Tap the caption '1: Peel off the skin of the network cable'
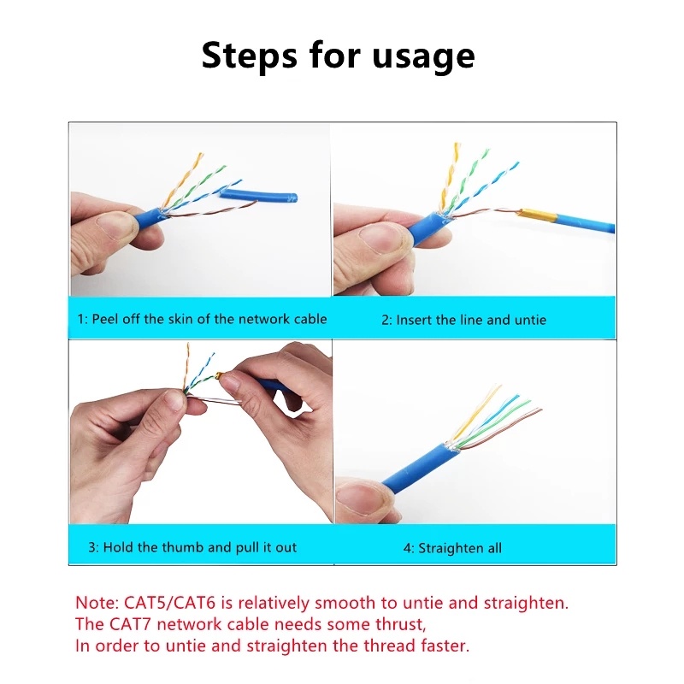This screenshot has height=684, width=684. pyautogui.click(x=202, y=319)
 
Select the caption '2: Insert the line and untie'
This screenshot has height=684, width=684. pyautogui.click(x=463, y=320)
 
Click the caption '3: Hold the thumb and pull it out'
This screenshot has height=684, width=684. pyautogui.click(x=192, y=547)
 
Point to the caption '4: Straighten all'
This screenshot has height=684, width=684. pyautogui.click(x=452, y=548)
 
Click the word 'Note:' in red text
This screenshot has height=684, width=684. pyautogui.click(x=98, y=603)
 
